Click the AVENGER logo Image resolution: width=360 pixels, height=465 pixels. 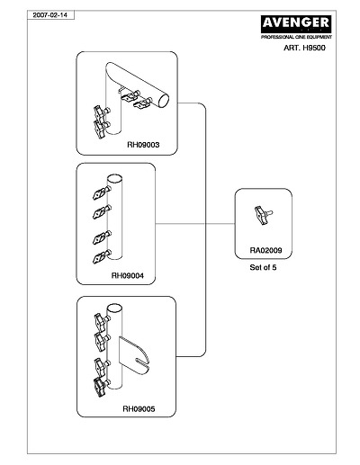(296, 24)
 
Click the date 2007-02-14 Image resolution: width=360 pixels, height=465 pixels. (50, 15)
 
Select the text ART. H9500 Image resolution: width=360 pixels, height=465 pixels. (304, 48)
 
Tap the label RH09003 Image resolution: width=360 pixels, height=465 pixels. (143, 145)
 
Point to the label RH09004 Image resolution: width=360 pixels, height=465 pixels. (128, 275)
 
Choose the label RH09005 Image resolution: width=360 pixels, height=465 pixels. (139, 409)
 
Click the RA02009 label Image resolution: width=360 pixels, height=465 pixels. (265, 250)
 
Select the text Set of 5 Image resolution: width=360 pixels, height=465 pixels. (263, 267)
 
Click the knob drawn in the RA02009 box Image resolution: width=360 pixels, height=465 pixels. (263, 215)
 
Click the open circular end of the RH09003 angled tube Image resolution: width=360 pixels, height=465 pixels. (164, 101)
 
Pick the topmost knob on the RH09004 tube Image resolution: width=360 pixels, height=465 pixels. (102, 192)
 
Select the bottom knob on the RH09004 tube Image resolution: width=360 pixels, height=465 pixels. (102, 256)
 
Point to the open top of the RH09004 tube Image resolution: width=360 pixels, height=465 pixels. (114, 179)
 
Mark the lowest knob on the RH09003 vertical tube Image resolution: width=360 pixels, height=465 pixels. (102, 129)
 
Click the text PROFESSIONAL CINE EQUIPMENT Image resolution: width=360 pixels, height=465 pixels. (296, 37)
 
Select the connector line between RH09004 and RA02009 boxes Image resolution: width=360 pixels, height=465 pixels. (195, 224)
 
